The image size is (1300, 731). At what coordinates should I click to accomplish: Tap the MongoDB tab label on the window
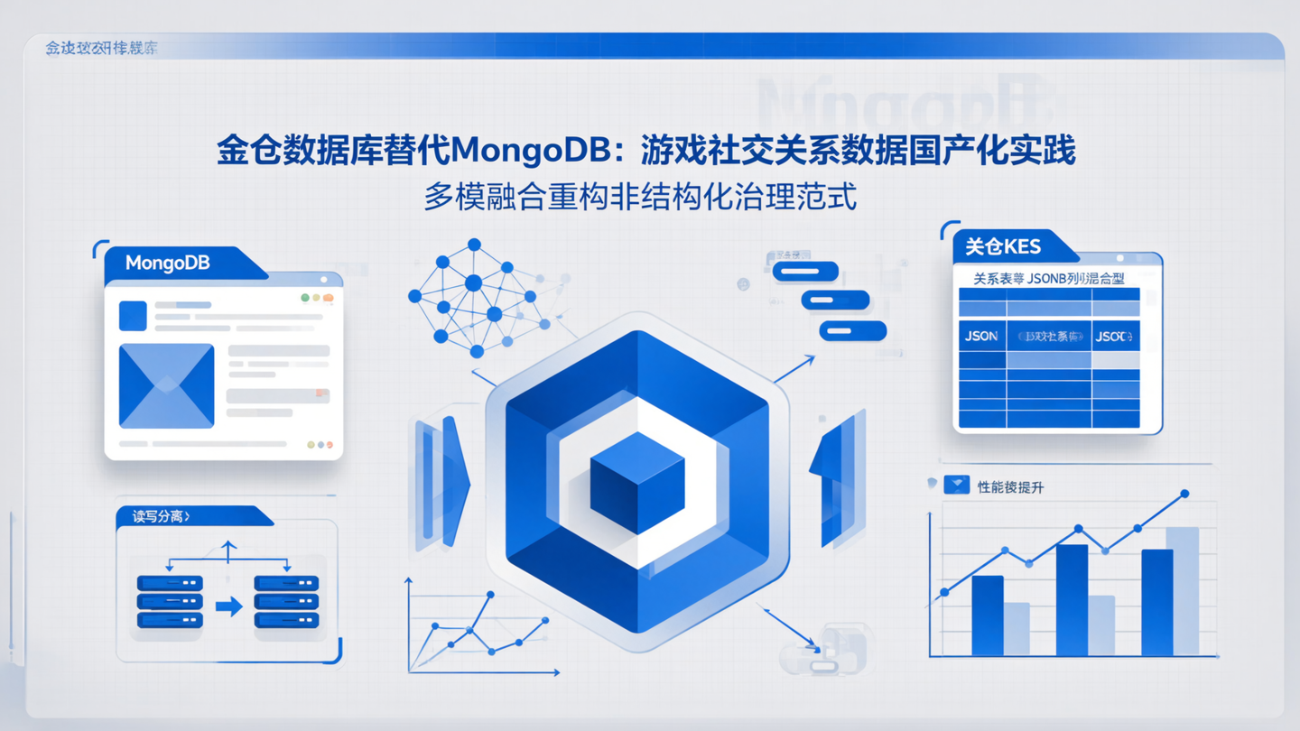pyautogui.click(x=168, y=264)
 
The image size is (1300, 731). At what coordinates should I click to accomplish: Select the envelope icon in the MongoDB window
pyautogui.click(x=167, y=385)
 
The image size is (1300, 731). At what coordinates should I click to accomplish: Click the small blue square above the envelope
pyautogui.click(x=133, y=316)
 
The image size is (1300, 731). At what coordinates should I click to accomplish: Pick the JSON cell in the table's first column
pyautogui.click(x=981, y=337)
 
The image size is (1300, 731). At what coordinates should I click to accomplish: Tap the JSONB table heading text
pyautogui.click(x=1048, y=280)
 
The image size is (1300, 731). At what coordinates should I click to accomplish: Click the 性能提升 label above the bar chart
pyautogui.click(x=1010, y=487)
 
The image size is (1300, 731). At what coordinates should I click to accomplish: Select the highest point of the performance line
pyautogui.click(x=1184, y=495)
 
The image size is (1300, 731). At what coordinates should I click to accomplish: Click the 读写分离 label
pyautogui.click(x=161, y=517)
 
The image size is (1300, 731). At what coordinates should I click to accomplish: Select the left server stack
pyautogui.click(x=170, y=602)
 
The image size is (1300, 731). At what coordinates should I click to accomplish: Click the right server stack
pyautogui.click(x=286, y=602)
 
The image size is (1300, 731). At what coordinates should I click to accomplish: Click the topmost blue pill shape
pyautogui.click(x=805, y=271)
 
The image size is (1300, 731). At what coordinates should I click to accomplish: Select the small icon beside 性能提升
pyautogui.click(x=956, y=486)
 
